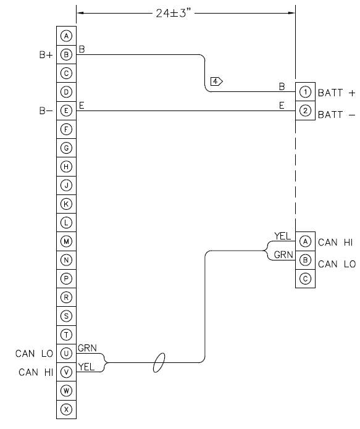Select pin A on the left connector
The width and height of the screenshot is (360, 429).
67,36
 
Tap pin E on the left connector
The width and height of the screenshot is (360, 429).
67,110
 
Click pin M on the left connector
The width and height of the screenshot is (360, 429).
67,241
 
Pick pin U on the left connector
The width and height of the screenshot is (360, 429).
67,353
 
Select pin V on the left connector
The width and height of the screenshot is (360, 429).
67,372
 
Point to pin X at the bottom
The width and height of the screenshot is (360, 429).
67,409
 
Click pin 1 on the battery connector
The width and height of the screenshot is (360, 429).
305,92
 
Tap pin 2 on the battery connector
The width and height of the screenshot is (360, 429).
305,110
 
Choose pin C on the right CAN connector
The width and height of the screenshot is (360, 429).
305,278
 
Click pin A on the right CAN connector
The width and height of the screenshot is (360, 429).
305,241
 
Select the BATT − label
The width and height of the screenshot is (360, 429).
337,115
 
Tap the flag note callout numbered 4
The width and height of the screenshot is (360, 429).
216,81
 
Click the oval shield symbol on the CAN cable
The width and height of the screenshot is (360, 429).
160,363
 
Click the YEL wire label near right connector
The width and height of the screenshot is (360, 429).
282,235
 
